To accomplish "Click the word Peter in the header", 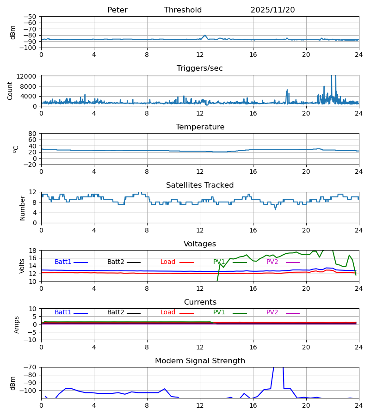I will click(x=117, y=10).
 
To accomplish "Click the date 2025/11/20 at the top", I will click(x=272, y=10).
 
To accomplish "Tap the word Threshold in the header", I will click(x=183, y=10).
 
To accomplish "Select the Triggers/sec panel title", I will click(x=200, y=68).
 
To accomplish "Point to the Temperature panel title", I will click(x=200, y=127).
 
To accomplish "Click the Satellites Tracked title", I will click(x=200, y=185).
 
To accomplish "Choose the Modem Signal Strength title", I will click(x=200, y=361).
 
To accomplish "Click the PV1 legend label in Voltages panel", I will click(x=219, y=262).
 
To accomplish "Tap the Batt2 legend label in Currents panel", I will click(x=116, y=312).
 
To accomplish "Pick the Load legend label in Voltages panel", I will click(x=168, y=262).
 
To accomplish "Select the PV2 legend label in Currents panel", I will click(x=272, y=312).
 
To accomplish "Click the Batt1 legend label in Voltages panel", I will click(x=63, y=262).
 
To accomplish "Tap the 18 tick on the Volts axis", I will click(x=33, y=251).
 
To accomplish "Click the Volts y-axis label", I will click(x=23, y=266).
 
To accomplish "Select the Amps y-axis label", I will click(x=17, y=324).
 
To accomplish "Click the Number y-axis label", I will click(x=23, y=208).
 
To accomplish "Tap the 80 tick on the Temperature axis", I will click(x=33, y=134).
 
